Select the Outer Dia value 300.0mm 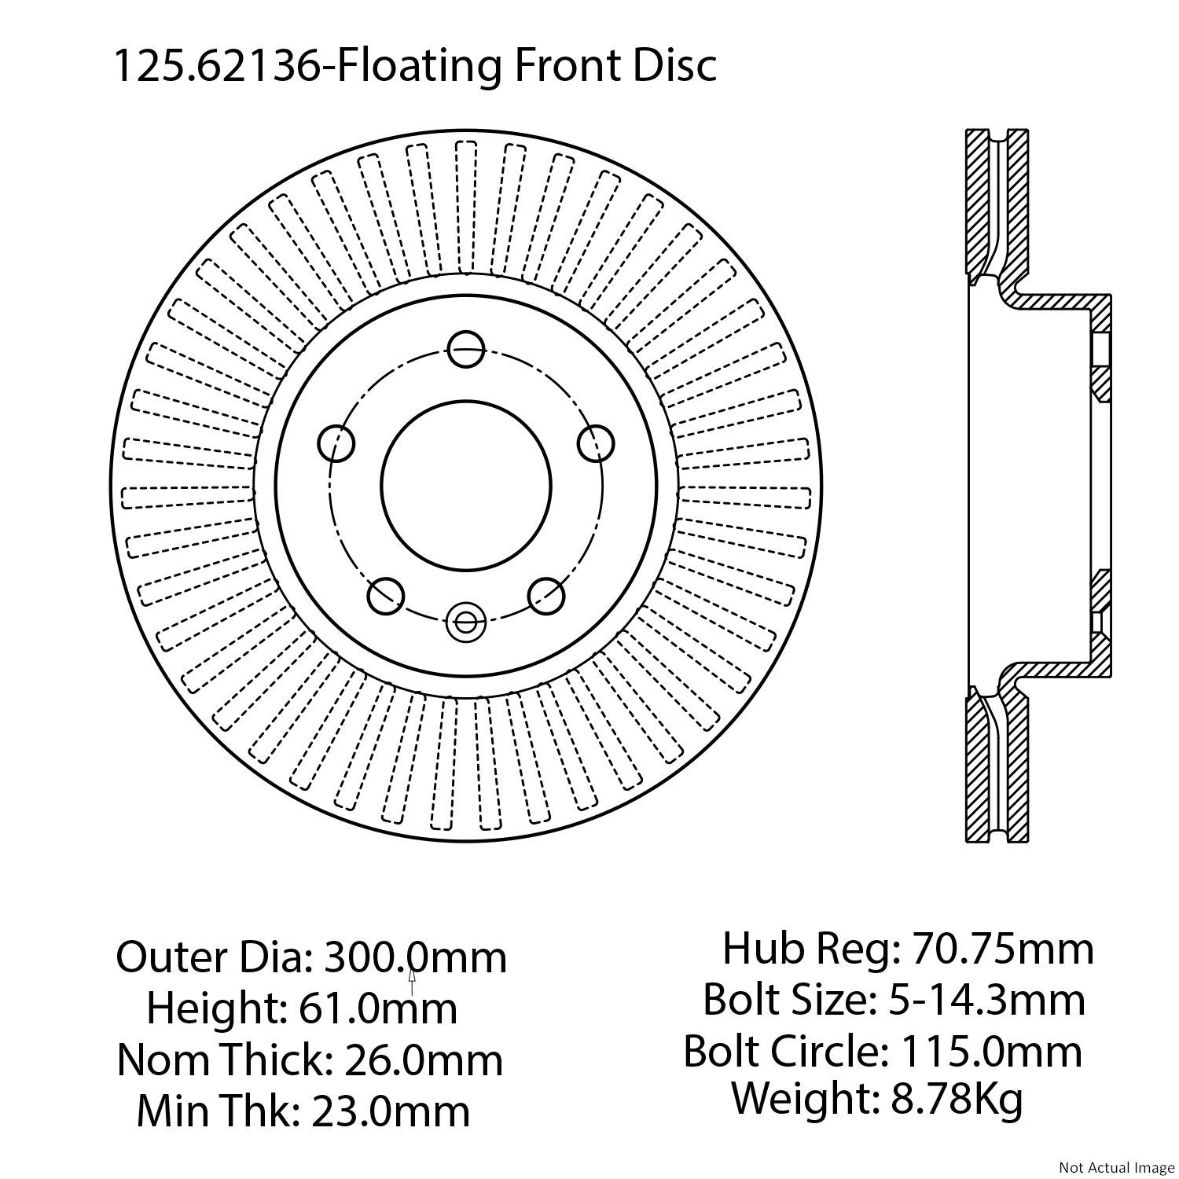(416, 957)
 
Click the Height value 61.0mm (371, 1008)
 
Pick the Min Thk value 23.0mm (391, 1111)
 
